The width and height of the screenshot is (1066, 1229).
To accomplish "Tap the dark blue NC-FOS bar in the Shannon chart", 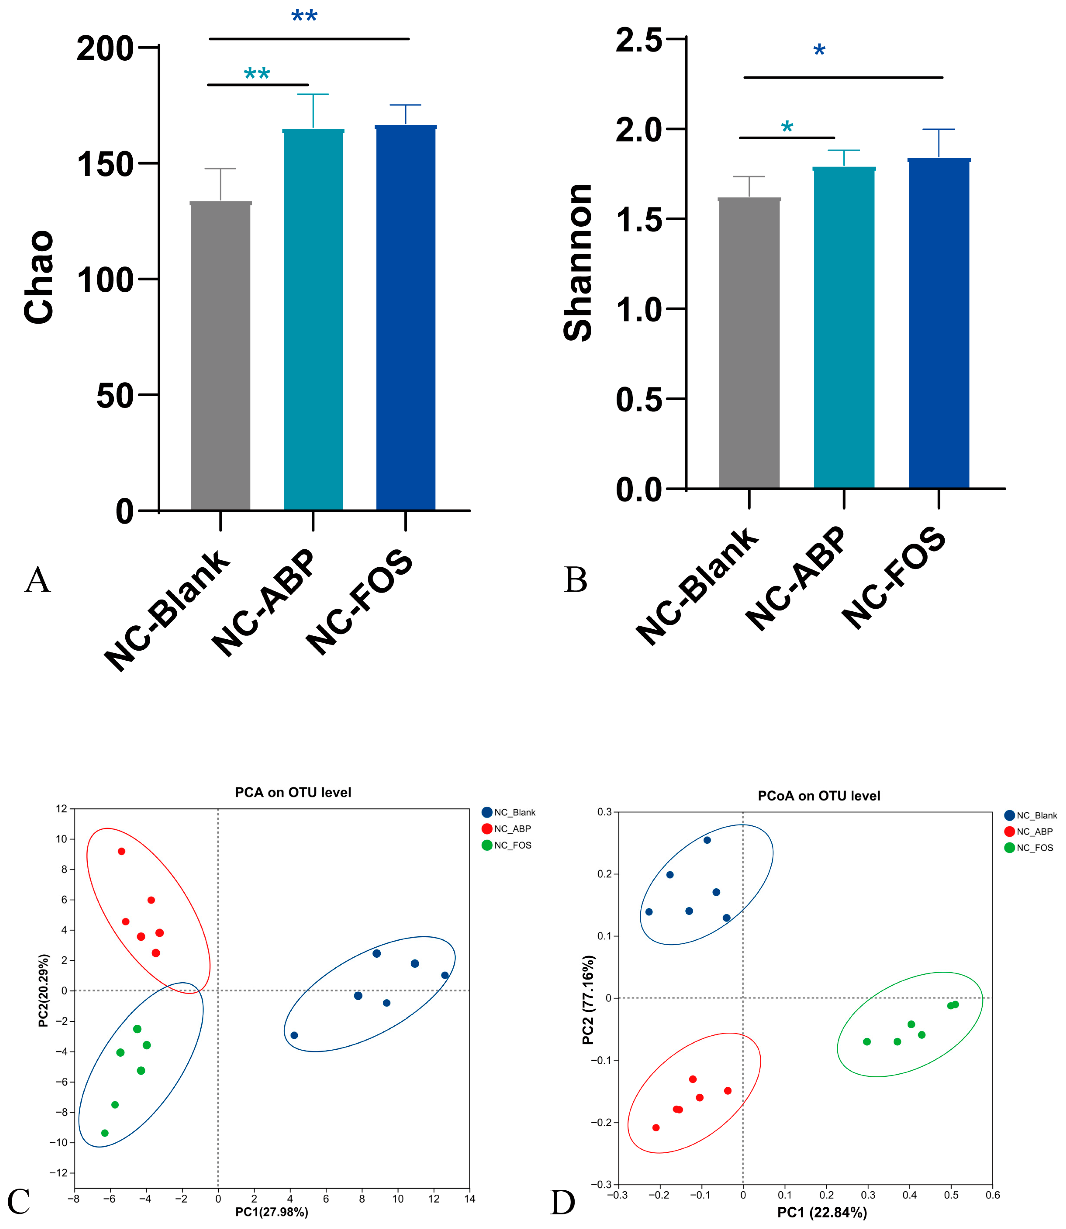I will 939,324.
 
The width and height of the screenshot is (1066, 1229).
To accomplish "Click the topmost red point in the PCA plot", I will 121,851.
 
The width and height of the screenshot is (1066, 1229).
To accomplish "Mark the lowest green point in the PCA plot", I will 105,1133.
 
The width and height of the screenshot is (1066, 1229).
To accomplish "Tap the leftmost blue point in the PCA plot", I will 294,1036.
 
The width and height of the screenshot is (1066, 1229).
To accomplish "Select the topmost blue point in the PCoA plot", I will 707,840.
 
